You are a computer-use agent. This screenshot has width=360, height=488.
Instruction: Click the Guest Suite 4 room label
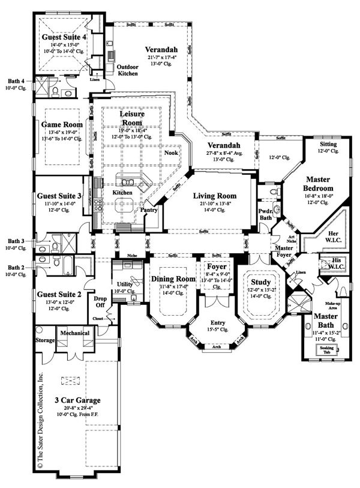(x=63, y=37)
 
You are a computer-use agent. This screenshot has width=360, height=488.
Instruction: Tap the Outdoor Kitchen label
(x=127, y=70)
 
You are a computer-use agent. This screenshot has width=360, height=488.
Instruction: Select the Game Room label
(x=62, y=124)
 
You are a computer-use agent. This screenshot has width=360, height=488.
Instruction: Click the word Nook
(x=171, y=152)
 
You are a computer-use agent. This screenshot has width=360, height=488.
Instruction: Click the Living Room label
(x=214, y=196)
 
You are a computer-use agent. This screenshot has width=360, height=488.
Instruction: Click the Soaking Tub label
(x=328, y=349)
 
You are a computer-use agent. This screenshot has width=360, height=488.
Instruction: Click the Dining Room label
(x=173, y=279)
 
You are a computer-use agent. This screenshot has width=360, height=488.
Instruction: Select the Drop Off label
(x=98, y=301)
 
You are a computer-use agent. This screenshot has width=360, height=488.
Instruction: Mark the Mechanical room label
(x=74, y=333)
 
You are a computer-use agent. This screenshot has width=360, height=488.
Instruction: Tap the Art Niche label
(x=276, y=238)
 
